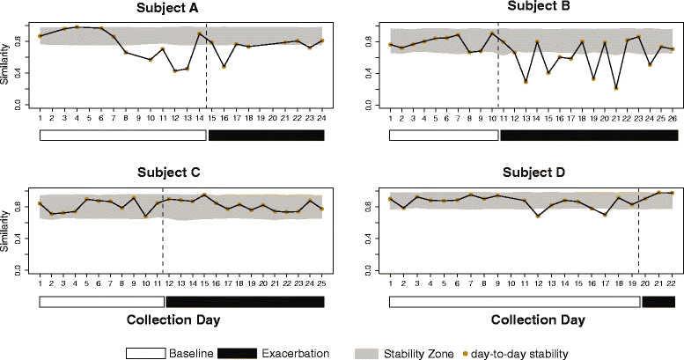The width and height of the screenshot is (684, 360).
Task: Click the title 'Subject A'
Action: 181,9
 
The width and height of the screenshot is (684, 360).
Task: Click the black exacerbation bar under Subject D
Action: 659,302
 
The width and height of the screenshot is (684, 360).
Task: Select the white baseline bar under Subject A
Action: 122,135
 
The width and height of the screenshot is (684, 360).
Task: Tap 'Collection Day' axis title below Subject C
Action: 181,320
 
